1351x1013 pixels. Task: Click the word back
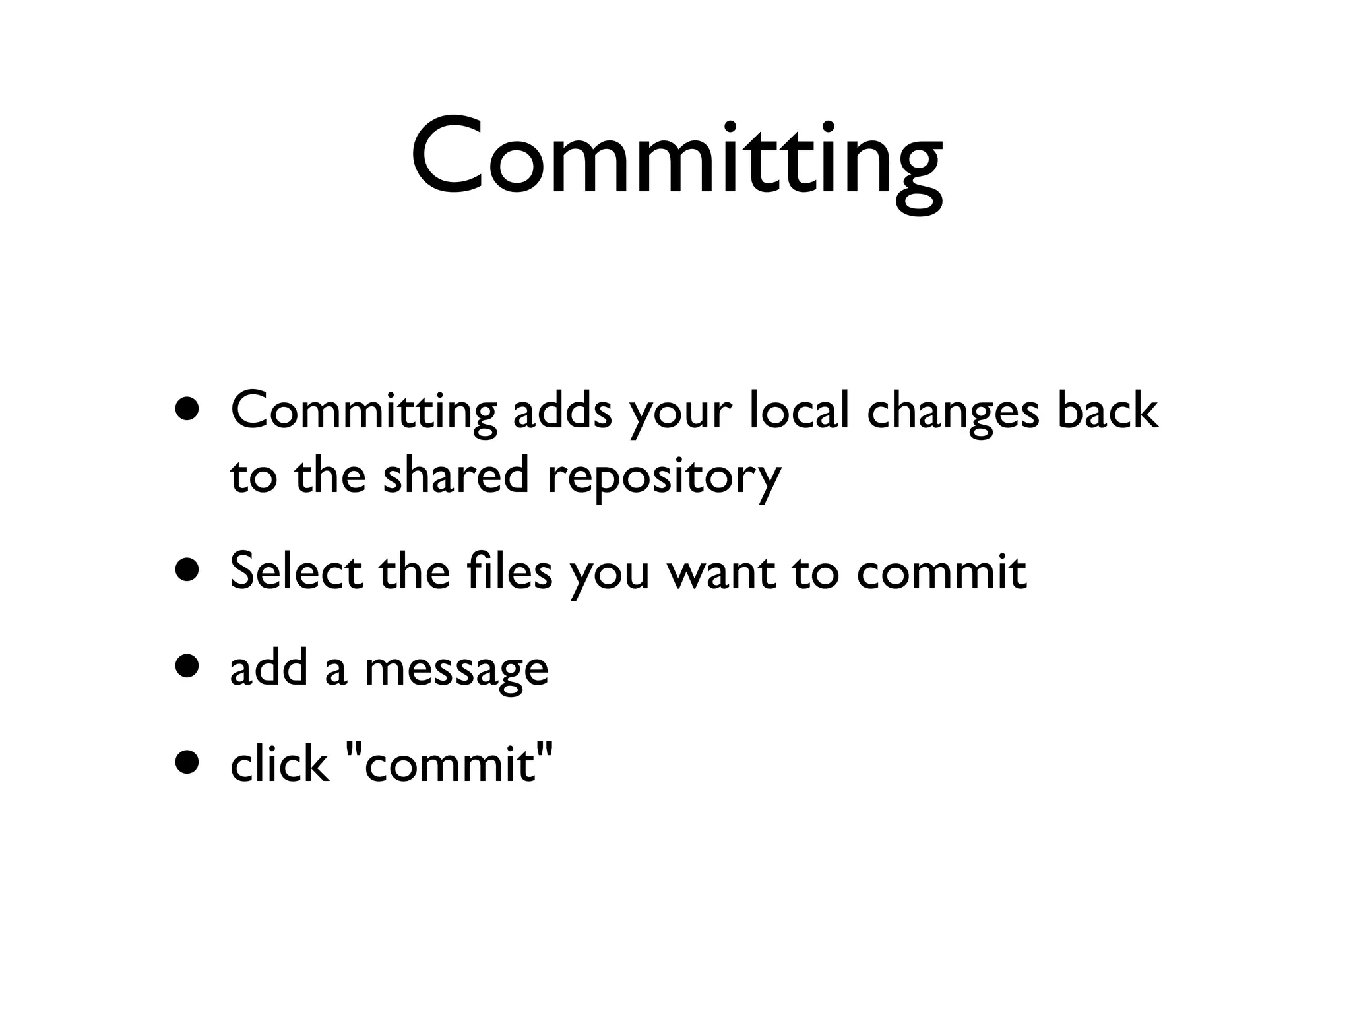[x=1108, y=411]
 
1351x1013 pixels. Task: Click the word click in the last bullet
[x=279, y=765]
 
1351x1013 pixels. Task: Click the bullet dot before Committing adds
[x=189, y=411]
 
